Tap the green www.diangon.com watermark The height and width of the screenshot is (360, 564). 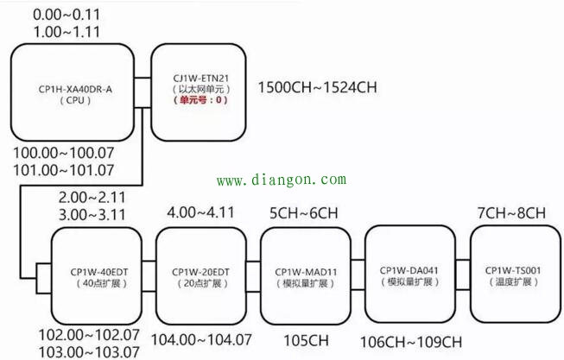281,180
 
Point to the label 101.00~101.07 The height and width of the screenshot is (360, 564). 64,170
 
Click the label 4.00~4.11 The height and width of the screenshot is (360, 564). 197,212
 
